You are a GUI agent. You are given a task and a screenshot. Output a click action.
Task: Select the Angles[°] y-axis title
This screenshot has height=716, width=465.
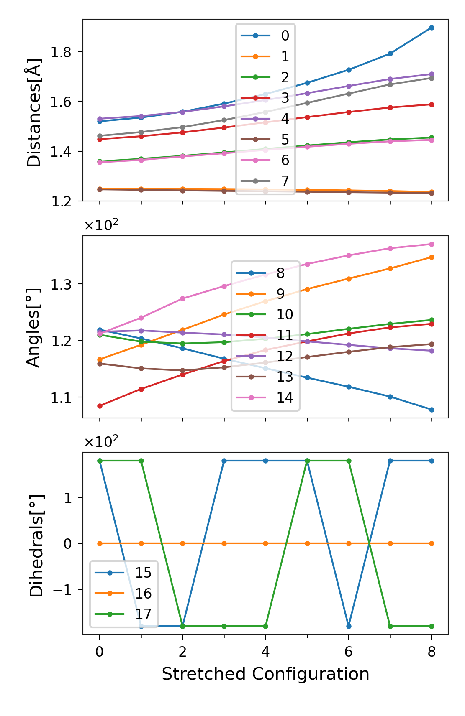[x=33, y=327]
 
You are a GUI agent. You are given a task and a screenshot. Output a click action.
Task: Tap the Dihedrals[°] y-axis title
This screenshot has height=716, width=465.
[x=36, y=545]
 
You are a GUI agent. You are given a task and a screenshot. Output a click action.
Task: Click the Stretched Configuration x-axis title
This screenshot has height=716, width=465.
[x=265, y=674]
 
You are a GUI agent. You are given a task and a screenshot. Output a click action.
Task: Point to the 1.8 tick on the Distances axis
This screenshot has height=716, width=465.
[x=61, y=52]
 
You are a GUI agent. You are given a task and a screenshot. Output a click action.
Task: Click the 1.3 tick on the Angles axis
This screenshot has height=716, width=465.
[x=61, y=285]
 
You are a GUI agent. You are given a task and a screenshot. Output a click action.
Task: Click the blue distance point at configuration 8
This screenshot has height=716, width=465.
[x=432, y=28]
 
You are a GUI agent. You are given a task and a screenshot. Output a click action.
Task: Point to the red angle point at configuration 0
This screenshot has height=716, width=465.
[x=100, y=406]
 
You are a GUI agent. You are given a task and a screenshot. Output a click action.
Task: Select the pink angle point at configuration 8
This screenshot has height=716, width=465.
[x=432, y=244]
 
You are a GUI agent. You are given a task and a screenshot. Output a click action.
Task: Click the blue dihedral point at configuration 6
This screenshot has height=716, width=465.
[x=349, y=626]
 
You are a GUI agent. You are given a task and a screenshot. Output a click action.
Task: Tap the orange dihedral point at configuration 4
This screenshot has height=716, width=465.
[x=265, y=543]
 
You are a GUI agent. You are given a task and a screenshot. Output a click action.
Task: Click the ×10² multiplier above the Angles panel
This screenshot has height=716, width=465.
[x=101, y=226]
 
